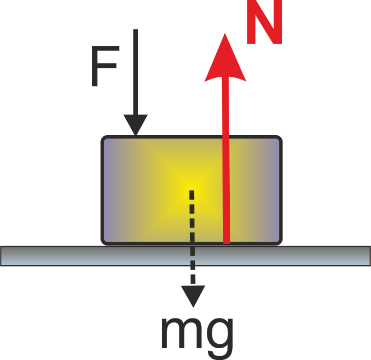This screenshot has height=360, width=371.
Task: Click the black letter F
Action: click(105, 66)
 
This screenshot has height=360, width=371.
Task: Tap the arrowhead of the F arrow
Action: click(136, 125)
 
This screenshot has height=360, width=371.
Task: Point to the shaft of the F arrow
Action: click(136, 72)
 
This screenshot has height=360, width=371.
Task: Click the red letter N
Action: click(265, 22)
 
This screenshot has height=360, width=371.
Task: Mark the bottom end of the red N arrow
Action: click(226, 243)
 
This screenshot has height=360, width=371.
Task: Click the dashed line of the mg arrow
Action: click(192, 237)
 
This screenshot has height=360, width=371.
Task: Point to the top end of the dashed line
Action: click(192, 190)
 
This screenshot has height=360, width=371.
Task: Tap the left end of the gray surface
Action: click(1, 256)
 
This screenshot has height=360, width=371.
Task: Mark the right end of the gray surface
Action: click(370, 256)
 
